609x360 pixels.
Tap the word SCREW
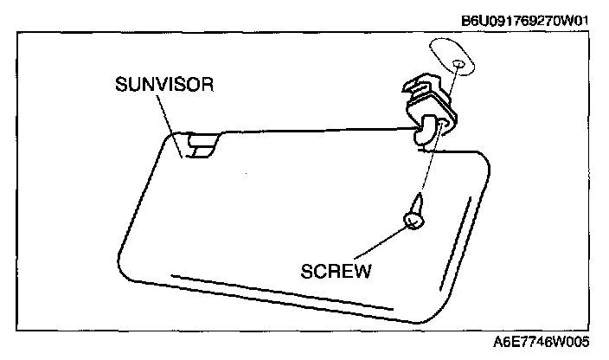click(x=337, y=272)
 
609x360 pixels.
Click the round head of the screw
click(x=414, y=222)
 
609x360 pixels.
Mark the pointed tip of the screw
click(x=420, y=198)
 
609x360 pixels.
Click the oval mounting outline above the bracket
click(x=452, y=58)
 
